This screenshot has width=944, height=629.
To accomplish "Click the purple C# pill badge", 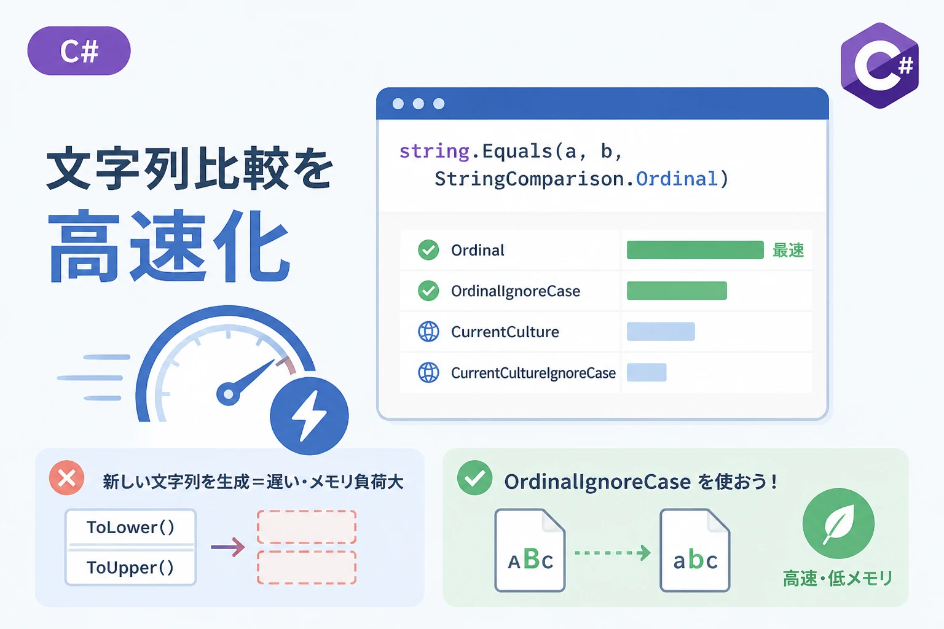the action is coord(79,51).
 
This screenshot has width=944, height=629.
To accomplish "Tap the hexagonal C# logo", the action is coord(880,66).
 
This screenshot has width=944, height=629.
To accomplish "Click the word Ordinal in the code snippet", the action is coord(677,179).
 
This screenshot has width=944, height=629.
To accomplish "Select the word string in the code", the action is coord(434,152).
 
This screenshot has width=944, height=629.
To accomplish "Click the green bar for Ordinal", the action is coord(695,250).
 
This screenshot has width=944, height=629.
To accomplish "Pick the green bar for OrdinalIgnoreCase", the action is coord(677,291).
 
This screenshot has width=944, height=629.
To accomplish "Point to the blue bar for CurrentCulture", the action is coord(661,332).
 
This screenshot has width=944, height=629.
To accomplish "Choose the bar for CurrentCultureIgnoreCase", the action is coord(647,372).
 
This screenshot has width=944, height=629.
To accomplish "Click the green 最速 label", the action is coord(788,250).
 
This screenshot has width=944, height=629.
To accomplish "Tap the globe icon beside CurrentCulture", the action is coord(428,332).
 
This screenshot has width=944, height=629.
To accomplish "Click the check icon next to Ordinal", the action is coord(428,250).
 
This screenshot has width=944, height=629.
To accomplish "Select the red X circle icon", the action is coord(66,478).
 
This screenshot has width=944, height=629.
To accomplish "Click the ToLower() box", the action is coord(131,527).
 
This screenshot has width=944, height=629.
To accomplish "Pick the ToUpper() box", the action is coord(131,567).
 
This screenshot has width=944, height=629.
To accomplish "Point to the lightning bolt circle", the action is coord(309,416).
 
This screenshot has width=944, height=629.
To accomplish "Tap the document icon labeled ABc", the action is coord(530,550).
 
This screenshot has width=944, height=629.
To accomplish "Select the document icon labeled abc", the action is coord(695,550).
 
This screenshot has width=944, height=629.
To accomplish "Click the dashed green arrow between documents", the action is coord(613,552).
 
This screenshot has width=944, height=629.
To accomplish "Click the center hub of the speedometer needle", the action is coord(228,394).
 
